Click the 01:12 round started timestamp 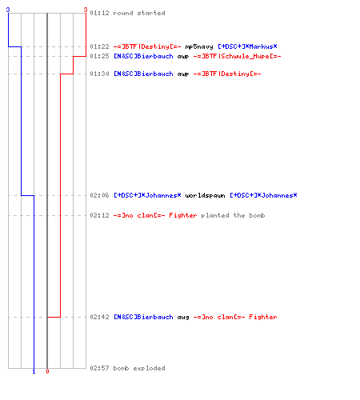point(99,13)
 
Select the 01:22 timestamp point(99,46)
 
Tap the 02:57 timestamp point(99,368)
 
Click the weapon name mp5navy point(199,47)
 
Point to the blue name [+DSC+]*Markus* point(247,46)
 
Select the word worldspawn point(205,196)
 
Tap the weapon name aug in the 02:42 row point(183,318)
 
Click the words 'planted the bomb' point(233,215)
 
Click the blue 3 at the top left point(8,10)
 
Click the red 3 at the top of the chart point(86,10)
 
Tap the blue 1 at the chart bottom point(34,371)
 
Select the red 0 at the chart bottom point(47,371)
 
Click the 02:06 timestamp point(99,195)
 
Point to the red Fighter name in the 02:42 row point(263,317)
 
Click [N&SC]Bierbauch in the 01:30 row point(143,74)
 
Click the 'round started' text point(139,13)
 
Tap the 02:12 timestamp point(99,215)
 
